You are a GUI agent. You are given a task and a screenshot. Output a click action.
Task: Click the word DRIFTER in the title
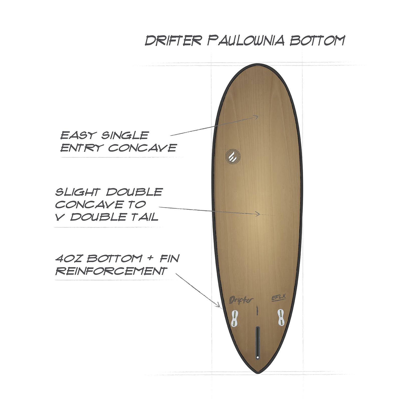173,40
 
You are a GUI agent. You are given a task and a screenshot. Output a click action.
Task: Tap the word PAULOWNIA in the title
246,40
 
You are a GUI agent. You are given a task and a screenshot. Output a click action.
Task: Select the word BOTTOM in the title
317,40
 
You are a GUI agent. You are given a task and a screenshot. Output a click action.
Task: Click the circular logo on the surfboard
233,157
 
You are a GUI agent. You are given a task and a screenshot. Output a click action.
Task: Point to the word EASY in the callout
77,136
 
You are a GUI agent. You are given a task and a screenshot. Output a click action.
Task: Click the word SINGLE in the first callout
125,136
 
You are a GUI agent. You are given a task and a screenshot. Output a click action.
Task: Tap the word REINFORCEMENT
111,271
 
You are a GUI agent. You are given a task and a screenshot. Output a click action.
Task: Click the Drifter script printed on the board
241,300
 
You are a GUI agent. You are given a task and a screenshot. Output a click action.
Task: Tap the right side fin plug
281,317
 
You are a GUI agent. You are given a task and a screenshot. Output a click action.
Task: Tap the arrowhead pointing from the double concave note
258,214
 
